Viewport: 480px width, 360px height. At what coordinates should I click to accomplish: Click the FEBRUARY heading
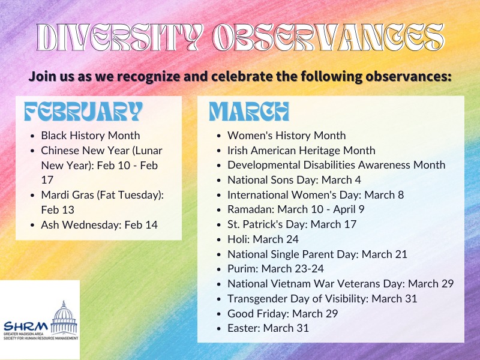[x=83, y=112]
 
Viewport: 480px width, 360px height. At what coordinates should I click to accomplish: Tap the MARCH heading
[x=249, y=112]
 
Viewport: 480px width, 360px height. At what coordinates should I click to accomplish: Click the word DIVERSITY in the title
[x=120, y=37]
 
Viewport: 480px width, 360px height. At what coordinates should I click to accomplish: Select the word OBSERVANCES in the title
[x=328, y=37]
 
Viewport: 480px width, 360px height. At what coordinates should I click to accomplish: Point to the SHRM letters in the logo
[x=26, y=326]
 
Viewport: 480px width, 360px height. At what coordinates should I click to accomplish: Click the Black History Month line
[x=91, y=136]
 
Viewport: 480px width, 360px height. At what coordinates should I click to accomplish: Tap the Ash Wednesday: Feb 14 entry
[x=99, y=224]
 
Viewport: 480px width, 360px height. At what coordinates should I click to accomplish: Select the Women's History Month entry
[x=287, y=136]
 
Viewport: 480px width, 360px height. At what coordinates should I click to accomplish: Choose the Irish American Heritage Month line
[x=301, y=151]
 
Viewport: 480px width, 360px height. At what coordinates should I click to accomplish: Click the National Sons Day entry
[x=294, y=179]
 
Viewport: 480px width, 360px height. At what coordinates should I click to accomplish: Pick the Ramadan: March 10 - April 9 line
[x=296, y=209]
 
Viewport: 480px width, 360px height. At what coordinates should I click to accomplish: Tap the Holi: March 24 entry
[x=263, y=239]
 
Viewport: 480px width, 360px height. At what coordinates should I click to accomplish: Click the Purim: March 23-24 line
[x=275, y=268]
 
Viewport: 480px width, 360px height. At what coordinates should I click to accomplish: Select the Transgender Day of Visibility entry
[x=322, y=298]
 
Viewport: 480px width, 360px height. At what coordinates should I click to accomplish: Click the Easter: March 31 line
[x=268, y=328]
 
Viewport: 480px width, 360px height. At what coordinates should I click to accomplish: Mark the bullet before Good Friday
[x=218, y=314]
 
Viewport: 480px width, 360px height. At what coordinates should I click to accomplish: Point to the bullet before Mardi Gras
[x=32, y=196]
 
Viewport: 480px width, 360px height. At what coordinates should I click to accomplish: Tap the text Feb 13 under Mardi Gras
[x=58, y=209]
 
